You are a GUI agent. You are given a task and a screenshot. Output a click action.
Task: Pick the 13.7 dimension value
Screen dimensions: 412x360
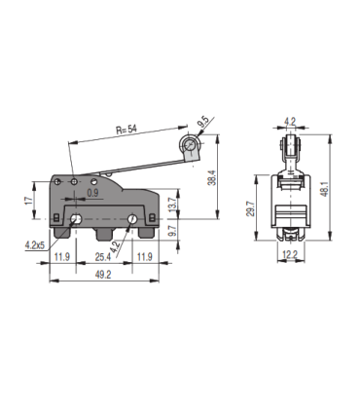pyautogui.click(x=174, y=206)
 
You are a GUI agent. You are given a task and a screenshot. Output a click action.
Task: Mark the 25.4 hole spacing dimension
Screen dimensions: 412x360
pyautogui.click(x=102, y=257)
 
